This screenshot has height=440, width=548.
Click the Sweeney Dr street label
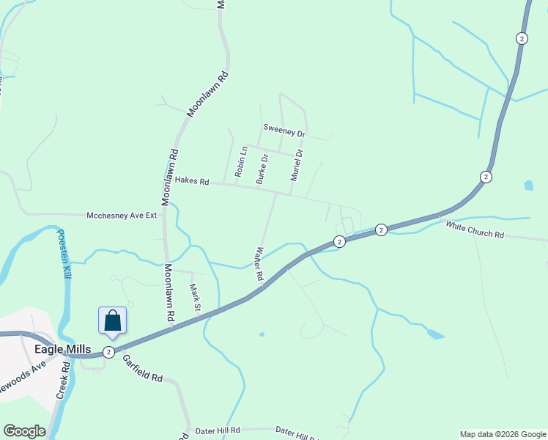click(x=284, y=133)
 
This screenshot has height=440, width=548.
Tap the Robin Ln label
click(x=239, y=162)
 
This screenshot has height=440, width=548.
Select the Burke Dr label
click(x=261, y=168)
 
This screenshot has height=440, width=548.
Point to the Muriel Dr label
click(x=296, y=165)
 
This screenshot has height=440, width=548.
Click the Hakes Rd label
click(x=191, y=180)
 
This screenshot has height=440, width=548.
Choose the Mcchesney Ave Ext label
click(x=122, y=216)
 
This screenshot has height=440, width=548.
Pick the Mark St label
click(x=195, y=297)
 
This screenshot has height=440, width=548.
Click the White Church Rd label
click(x=475, y=230)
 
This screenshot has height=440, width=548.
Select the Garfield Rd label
click(x=142, y=368)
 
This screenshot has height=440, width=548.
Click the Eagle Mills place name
click(x=62, y=350)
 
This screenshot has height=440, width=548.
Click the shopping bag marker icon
click(x=113, y=321)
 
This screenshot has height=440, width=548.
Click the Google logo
click(x=24, y=431)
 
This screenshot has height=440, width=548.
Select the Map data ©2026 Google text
click(x=502, y=434)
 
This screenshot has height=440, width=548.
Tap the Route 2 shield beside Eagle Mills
click(x=108, y=352)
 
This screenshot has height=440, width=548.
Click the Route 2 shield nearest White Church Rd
click(x=382, y=230)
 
